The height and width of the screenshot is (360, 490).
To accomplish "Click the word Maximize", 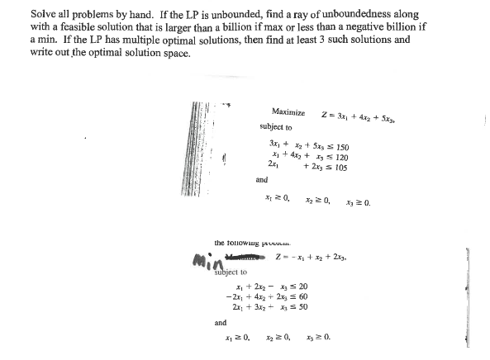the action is point(288,111).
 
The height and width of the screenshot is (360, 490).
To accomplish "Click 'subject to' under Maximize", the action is point(275,128).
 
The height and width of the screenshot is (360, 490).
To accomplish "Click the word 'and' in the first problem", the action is point(262,178).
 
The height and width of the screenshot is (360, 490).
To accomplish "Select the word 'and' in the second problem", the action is point(221,324).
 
